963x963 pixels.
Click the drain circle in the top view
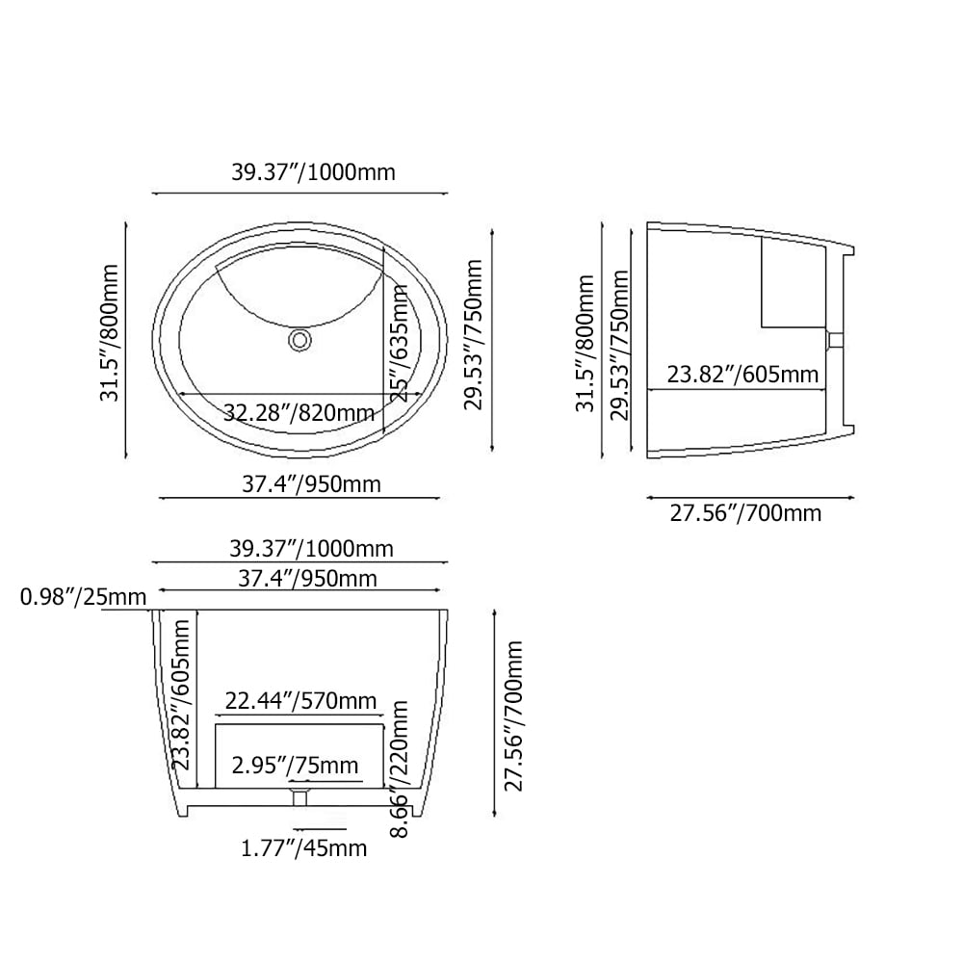point(299,340)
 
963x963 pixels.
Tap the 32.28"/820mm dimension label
point(299,412)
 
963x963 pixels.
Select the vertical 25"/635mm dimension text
point(400,343)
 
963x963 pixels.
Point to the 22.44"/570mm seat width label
point(300,701)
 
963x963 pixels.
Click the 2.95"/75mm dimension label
point(295,766)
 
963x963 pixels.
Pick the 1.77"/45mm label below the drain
point(303,848)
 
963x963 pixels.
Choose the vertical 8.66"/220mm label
point(400,768)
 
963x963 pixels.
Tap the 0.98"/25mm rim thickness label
point(84,596)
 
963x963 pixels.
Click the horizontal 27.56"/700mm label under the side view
point(745,513)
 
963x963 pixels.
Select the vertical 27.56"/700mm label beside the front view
point(513,716)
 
